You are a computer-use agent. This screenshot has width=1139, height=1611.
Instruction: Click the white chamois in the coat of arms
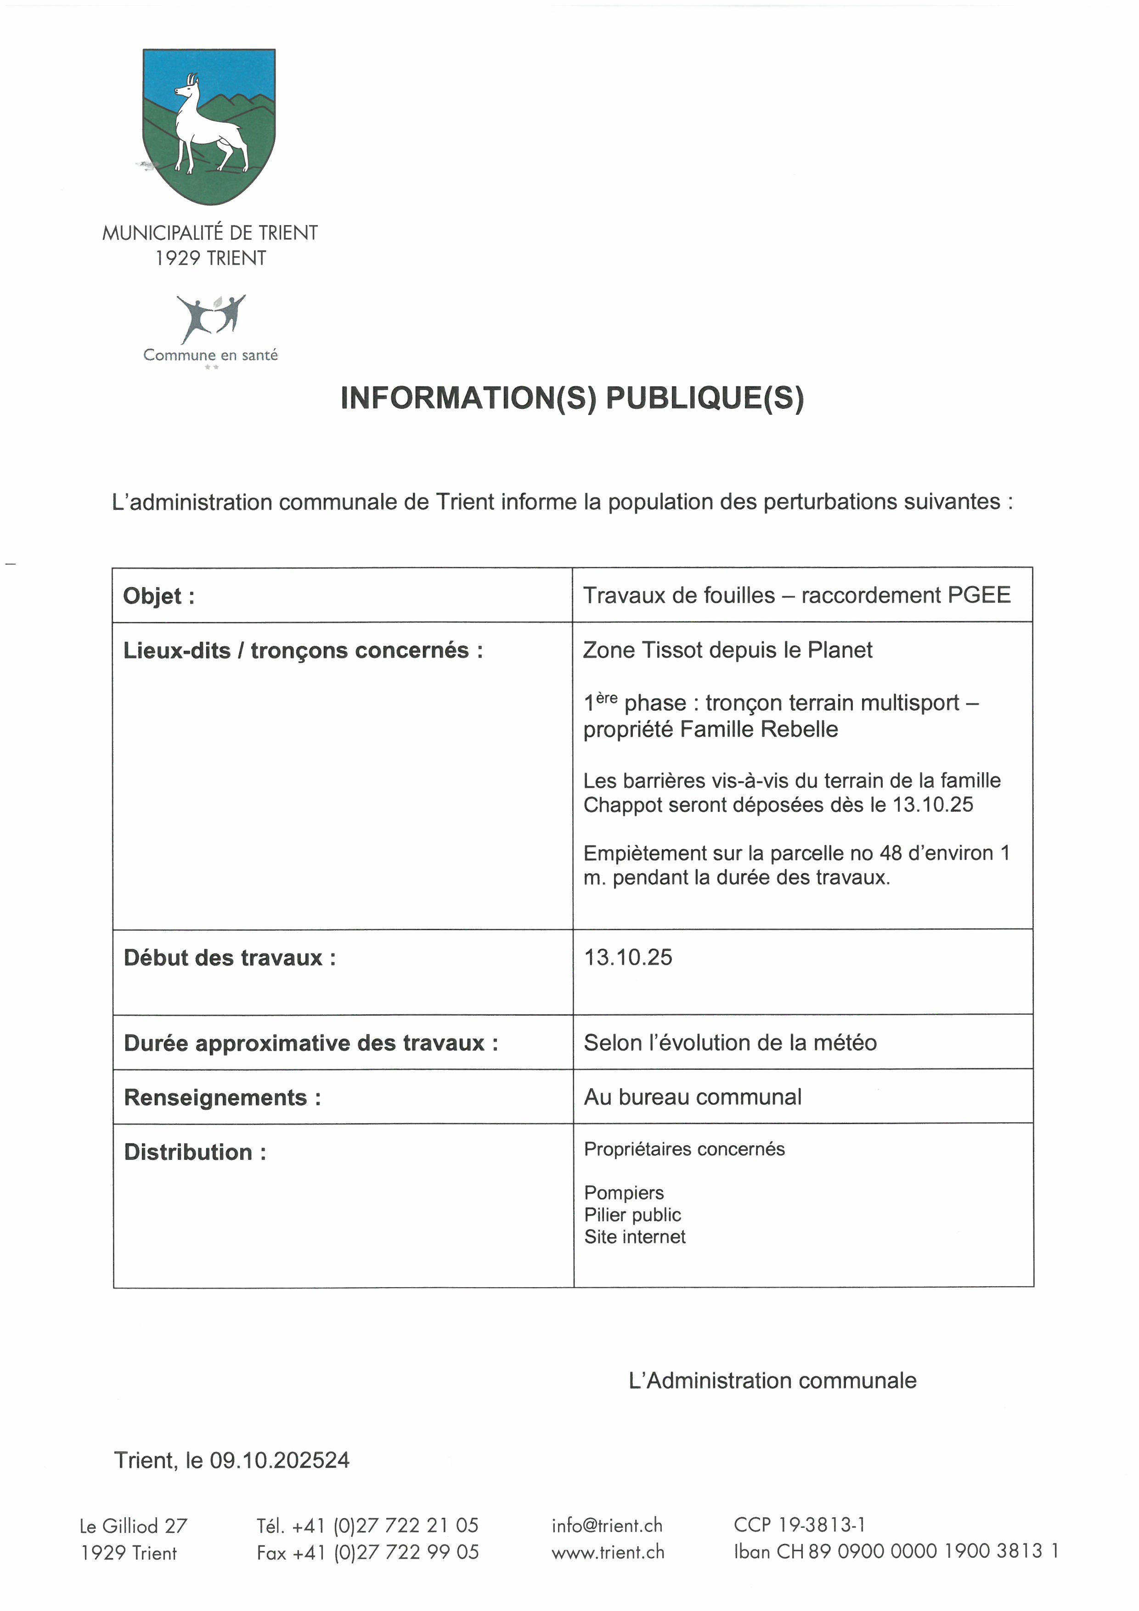[203, 126]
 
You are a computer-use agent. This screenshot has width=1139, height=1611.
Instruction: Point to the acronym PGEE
[979, 595]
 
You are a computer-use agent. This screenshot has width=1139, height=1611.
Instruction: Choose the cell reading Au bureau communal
[692, 1097]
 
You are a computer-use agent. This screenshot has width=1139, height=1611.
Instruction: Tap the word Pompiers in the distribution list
[624, 1193]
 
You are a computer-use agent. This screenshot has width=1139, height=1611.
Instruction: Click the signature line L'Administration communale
[772, 1381]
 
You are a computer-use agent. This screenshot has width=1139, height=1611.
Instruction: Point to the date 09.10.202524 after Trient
[279, 1460]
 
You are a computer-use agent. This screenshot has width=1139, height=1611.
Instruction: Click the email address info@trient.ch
[607, 1526]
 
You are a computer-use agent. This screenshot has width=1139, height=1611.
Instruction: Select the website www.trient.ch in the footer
[607, 1552]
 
